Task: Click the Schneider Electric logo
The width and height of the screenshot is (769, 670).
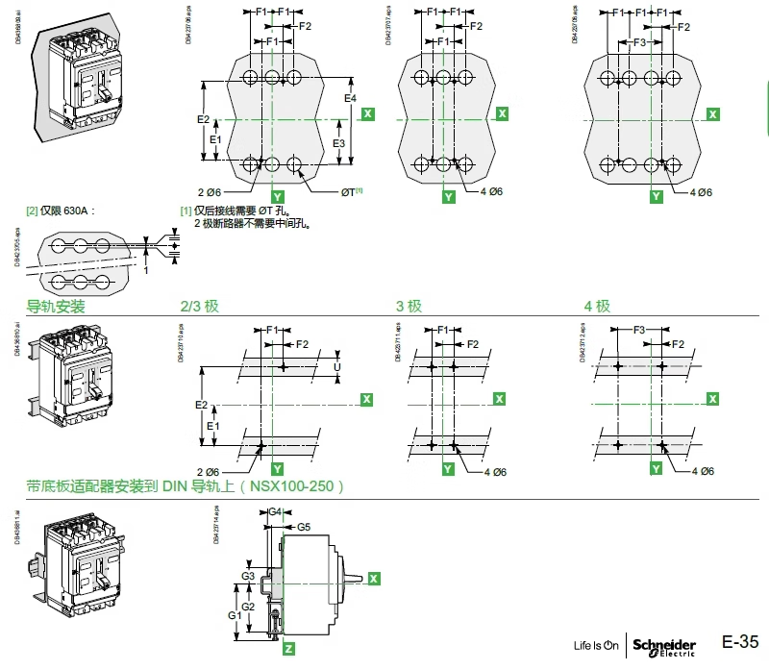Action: (664, 646)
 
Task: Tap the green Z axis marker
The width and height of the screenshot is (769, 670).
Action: (288, 650)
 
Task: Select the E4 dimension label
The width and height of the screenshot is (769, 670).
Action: (351, 98)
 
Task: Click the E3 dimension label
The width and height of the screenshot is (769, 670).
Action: (338, 142)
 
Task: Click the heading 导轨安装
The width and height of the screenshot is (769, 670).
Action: (56, 307)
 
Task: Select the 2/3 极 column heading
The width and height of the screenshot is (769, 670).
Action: (200, 307)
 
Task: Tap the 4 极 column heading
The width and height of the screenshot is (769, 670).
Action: (597, 307)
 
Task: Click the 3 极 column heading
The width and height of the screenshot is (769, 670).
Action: (409, 307)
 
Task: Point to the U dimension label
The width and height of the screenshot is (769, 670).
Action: (336, 367)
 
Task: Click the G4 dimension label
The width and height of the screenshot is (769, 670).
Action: (274, 512)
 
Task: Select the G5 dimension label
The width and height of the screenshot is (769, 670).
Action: (303, 527)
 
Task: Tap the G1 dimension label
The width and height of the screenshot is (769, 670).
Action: (233, 613)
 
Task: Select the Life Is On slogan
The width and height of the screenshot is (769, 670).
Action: (596, 646)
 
